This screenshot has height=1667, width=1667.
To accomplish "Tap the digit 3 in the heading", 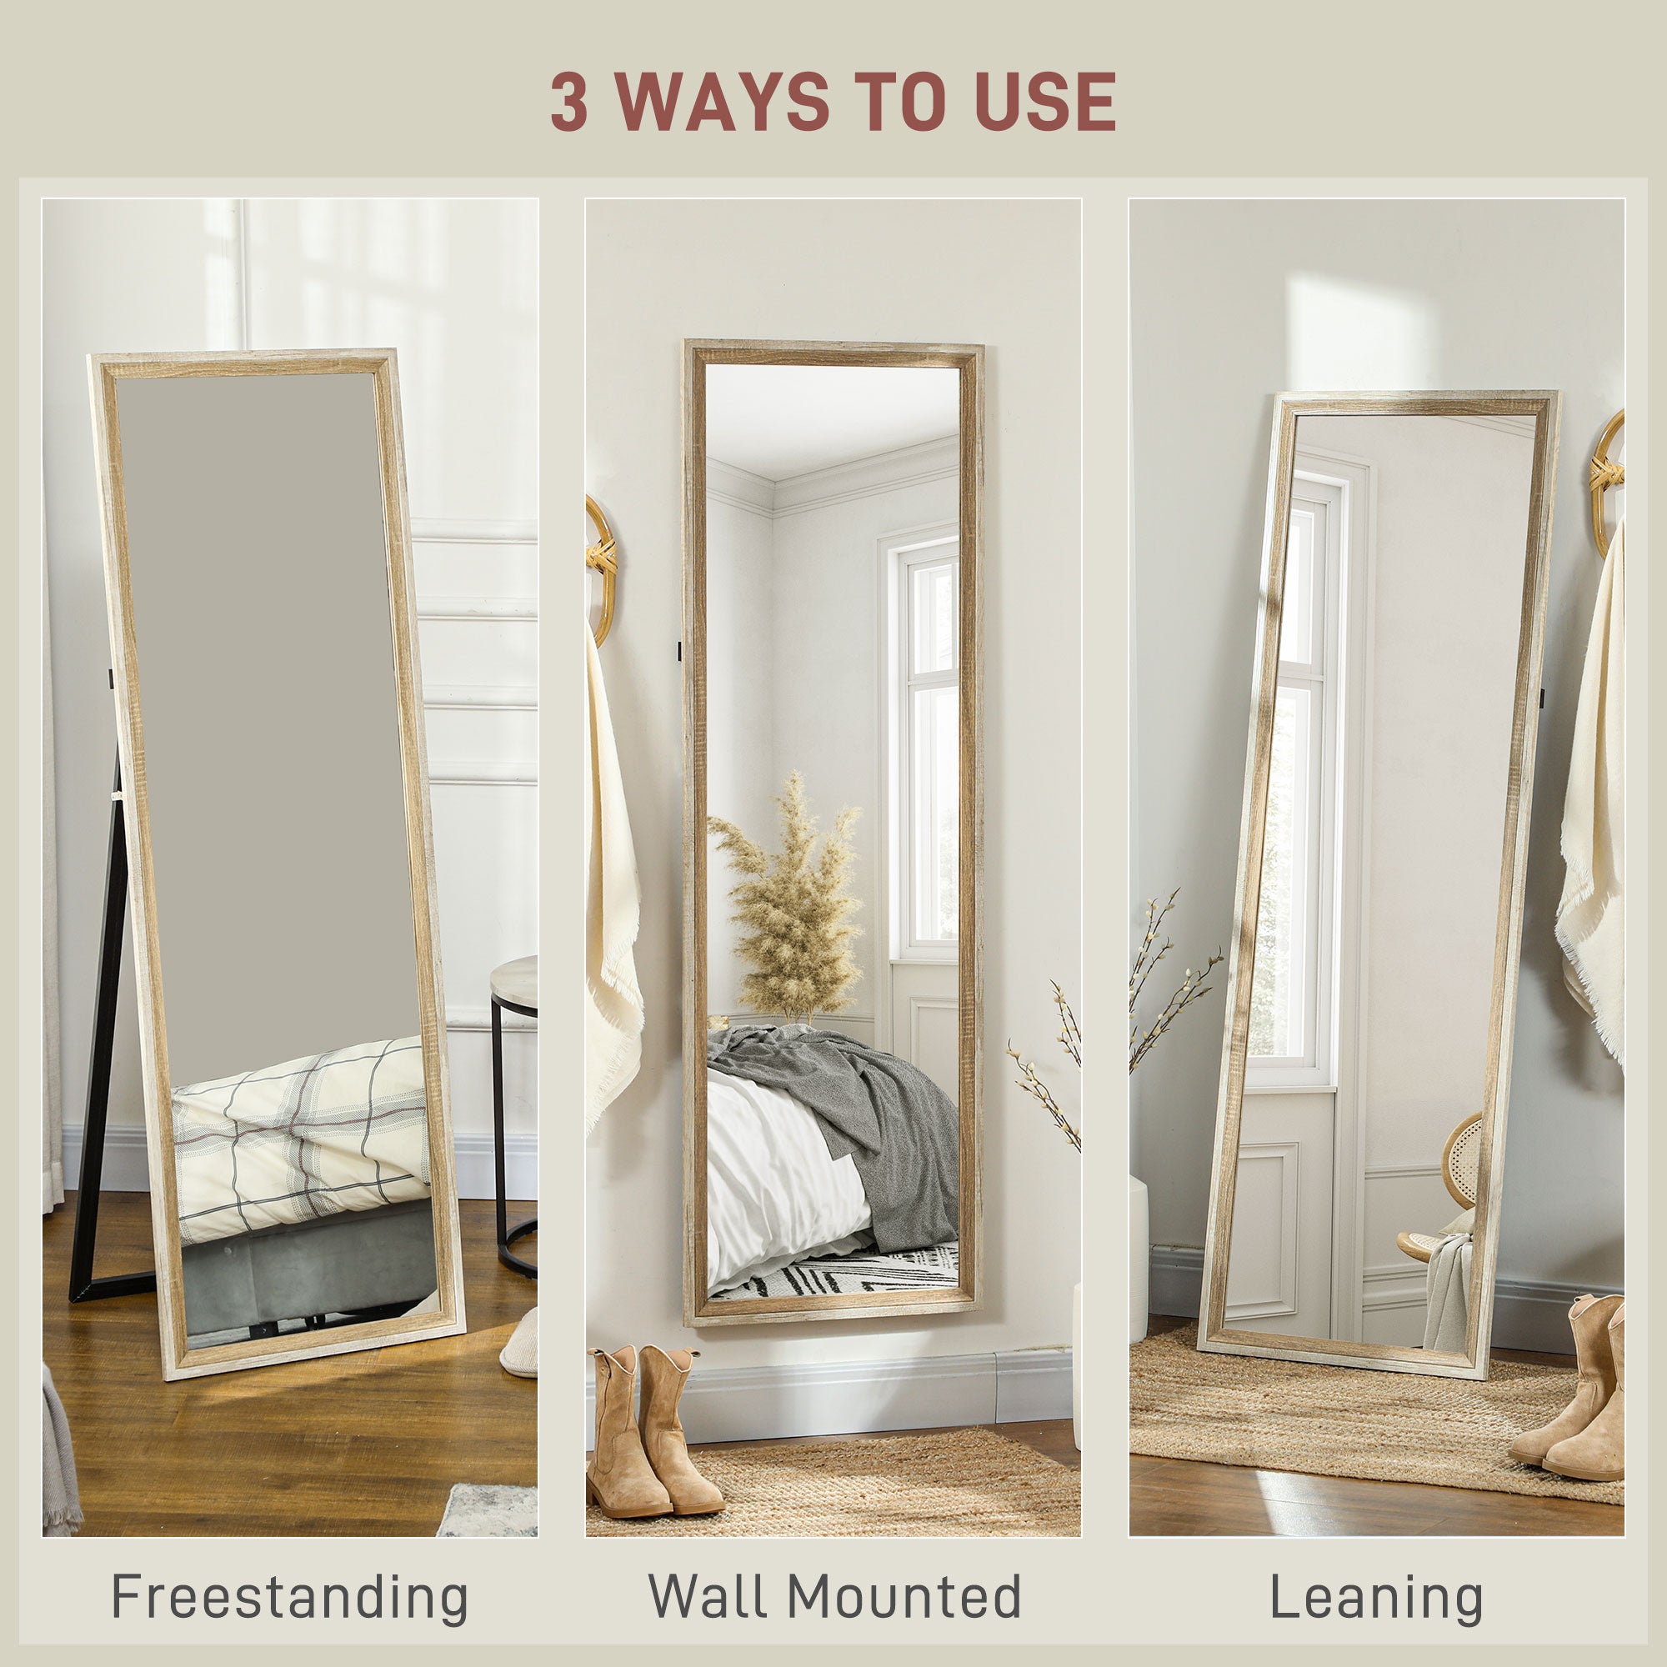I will click(x=569, y=102).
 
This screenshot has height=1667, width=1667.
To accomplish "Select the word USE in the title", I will click(x=1045, y=102).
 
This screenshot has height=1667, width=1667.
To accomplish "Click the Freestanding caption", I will click(x=290, y=1598).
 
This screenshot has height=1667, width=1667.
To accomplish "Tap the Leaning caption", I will click(x=1376, y=1598).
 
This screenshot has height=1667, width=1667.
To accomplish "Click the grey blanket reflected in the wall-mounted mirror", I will click(x=872, y=1113).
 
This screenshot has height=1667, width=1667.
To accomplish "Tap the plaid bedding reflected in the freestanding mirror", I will click(x=302, y=1130).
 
